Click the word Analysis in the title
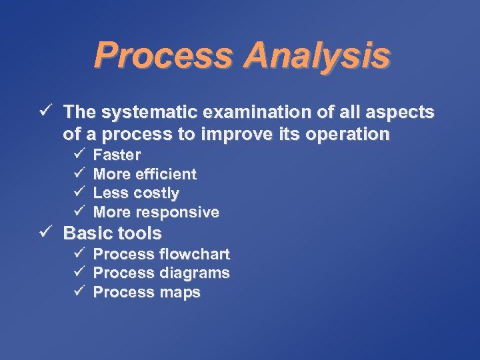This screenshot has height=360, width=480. tap(317, 56)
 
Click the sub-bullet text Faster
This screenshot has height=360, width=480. tap(117, 155)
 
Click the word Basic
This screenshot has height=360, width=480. tap(87, 233)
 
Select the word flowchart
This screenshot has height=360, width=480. tap(195, 255)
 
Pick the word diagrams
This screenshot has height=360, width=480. tap(195, 273)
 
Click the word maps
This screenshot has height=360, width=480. tap(180, 293)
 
